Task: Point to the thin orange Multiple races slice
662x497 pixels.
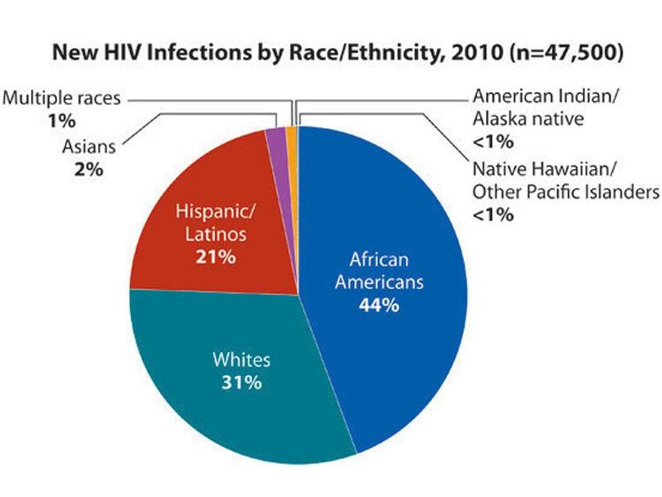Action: pos(291,135)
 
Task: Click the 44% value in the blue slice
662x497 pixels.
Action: pos(380,305)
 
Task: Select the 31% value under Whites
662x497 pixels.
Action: pos(241,382)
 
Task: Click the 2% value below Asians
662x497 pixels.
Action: pos(88,169)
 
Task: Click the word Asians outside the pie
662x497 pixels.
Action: pos(90,146)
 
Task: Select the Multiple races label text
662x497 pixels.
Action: pos(61,99)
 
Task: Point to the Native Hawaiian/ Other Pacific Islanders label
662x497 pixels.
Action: pos(565,180)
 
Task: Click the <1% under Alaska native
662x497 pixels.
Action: pos(492,142)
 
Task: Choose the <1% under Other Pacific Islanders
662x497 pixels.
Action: pos(492,215)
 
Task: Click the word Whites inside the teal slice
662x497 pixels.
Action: pos(241,359)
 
